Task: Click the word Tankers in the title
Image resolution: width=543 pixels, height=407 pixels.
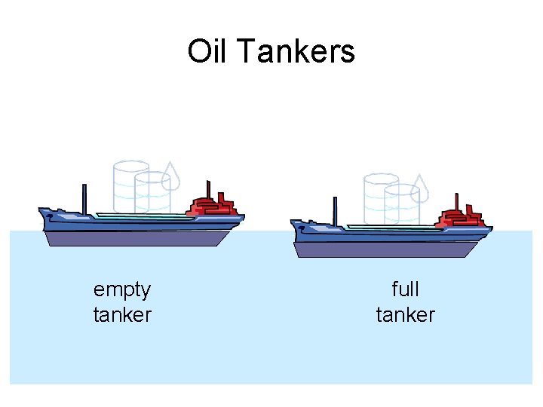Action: [295, 51]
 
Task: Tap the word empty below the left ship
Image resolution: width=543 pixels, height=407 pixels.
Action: [122, 289]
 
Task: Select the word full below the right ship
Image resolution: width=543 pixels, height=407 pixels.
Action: [406, 289]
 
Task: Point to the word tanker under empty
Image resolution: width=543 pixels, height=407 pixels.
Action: [122, 314]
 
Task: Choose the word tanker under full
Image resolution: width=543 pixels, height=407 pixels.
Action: [406, 314]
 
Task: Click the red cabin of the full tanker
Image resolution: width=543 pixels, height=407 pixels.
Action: [461, 216]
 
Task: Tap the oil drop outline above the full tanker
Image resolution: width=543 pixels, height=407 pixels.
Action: [421, 189]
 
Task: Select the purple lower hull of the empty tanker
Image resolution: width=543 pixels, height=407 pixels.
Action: [136, 239]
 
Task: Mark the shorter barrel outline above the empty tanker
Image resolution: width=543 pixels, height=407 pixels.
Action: [153, 193]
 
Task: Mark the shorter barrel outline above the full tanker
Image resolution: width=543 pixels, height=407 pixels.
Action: [402, 204]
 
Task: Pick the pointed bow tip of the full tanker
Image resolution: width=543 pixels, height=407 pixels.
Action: [293, 225]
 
